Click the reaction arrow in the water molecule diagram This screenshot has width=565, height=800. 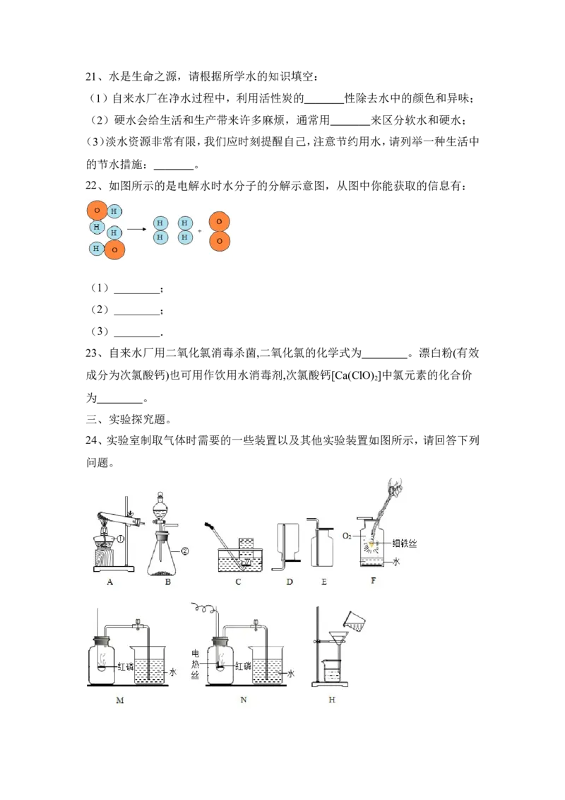pyautogui.click(x=137, y=229)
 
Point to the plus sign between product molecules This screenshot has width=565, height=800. pyautogui.click(x=199, y=231)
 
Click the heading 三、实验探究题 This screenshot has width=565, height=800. pyautogui.click(x=129, y=419)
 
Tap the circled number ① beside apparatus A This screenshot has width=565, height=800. pyautogui.click(x=121, y=539)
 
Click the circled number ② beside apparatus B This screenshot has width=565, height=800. pyautogui.click(x=184, y=551)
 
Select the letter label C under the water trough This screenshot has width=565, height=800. pyautogui.click(x=238, y=582)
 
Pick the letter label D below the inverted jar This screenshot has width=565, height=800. pyautogui.click(x=290, y=582)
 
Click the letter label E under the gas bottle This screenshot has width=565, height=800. pyautogui.click(x=323, y=582)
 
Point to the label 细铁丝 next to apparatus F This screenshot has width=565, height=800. pyautogui.click(x=405, y=543)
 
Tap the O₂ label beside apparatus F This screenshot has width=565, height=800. pyautogui.click(x=347, y=536)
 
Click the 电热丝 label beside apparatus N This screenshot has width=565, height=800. pyautogui.click(x=196, y=664)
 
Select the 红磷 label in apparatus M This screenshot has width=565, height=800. pyautogui.click(x=126, y=666)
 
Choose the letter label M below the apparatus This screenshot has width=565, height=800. pyautogui.click(x=120, y=700)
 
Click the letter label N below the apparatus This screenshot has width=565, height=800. pyautogui.click(x=243, y=700)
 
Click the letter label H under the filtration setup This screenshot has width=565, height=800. pyautogui.click(x=332, y=700)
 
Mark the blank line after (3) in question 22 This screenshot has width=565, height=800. pyautogui.click(x=137, y=336)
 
